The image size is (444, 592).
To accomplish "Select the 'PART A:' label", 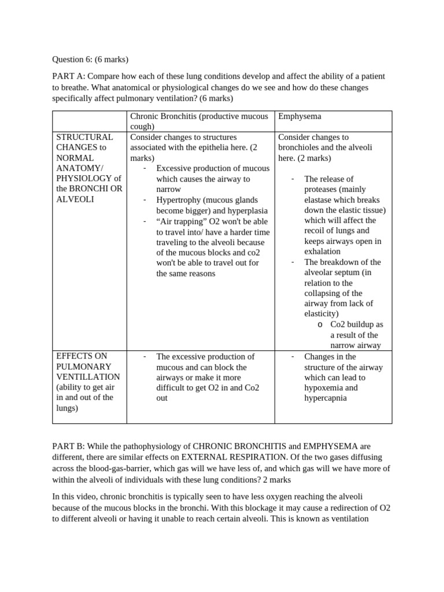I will (69, 77).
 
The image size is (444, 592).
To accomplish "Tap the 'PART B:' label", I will (69, 446).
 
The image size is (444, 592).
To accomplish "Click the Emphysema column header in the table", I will (299, 116).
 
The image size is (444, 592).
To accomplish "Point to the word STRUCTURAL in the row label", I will (84, 137).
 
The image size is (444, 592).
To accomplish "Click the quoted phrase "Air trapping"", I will (179, 221).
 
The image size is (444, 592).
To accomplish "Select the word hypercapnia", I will (325, 398).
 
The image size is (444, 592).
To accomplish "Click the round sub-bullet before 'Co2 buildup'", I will (320, 325).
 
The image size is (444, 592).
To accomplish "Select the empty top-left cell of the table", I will (90, 121).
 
